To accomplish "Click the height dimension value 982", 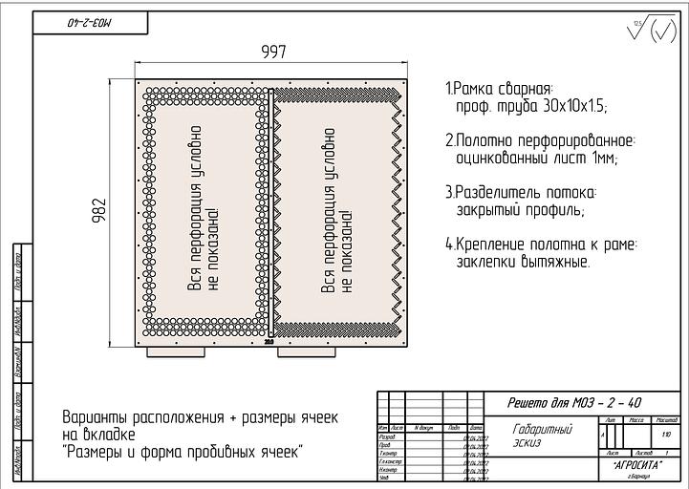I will pyautogui.click(x=97, y=213).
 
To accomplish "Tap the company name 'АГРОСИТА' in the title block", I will pyautogui.click(x=634, y=463).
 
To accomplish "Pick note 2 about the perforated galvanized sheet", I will pyautogui.click(x=540, y=149).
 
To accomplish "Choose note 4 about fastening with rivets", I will pyautogui.click(x=540, y=252).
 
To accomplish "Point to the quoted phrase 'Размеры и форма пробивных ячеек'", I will pyautogui.click(x=182, y=451).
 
